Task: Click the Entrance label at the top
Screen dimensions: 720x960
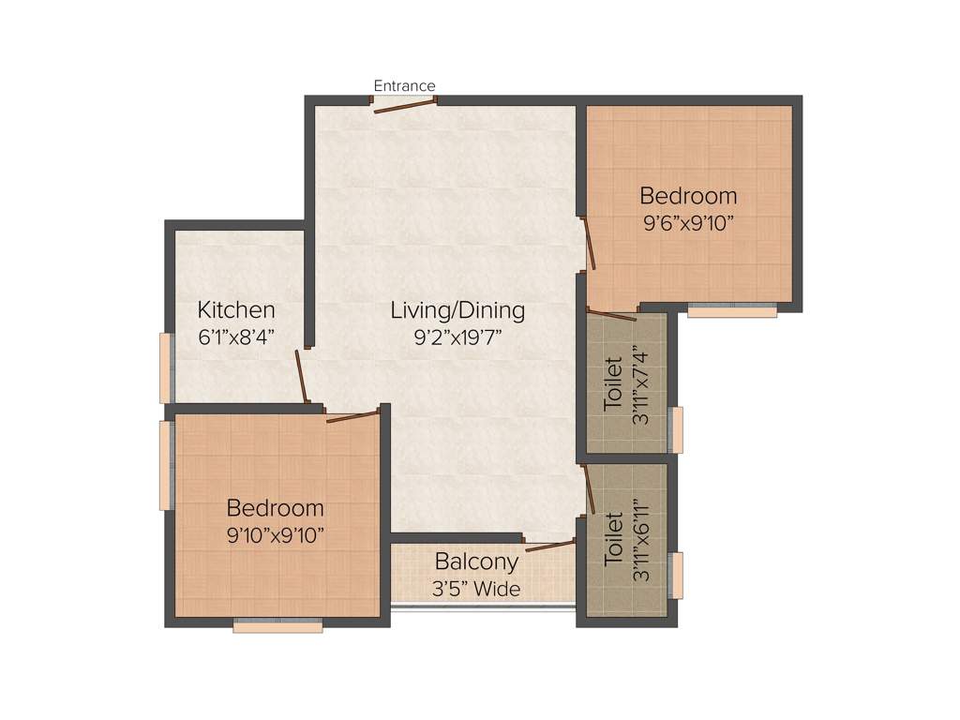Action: click(404, 86)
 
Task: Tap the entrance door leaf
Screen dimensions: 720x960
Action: click(405, 106)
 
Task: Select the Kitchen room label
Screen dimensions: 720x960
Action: click(236, 310)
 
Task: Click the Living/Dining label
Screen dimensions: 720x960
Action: click(457, 310)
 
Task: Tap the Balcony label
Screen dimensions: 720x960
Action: click(476, 562)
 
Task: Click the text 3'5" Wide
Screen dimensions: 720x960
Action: click(476, 589)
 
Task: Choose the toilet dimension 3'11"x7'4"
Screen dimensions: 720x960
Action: click(641, 387)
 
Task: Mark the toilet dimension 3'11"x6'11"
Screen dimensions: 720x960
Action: click(641, 539)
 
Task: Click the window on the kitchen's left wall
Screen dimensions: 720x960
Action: click(166, 367)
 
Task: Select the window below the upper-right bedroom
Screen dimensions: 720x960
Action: click(731, 311)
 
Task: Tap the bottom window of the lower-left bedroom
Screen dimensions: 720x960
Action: click(277, 626)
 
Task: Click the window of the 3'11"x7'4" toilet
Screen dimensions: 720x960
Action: click(676, 430)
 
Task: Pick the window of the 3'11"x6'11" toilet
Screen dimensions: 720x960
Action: click(676, 576)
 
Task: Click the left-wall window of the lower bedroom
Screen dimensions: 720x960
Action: click(166, 465)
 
